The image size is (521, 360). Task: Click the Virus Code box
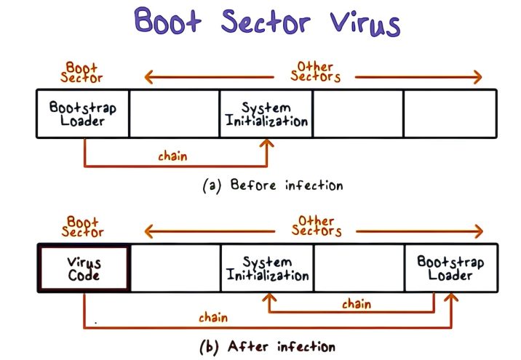tap(84, 268)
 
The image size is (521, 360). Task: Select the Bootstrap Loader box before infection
tap(82, 113)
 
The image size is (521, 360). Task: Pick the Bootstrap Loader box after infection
tap(450, 268)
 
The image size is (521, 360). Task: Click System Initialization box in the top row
tap(266, 113)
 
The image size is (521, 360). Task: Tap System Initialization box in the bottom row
tap(266, 268)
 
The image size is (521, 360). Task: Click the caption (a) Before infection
tap(272, 185)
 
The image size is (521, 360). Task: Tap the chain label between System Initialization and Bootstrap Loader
tap(356, 304)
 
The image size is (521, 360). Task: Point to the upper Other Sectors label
tap(315, 71)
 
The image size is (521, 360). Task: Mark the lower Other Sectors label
tap(315, 225)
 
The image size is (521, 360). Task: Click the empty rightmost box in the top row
tap(450, 113)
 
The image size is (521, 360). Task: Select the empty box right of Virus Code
tap(175, 268)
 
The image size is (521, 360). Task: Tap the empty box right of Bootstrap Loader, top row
tap(175, 113)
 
